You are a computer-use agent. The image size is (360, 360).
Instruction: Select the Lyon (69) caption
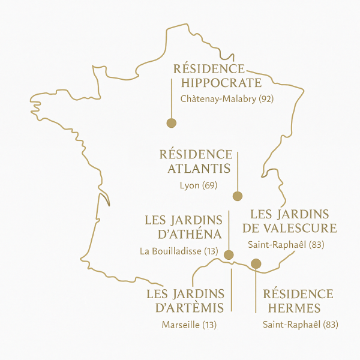(198, 185)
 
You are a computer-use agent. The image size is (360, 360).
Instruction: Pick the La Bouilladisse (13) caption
(178, 251)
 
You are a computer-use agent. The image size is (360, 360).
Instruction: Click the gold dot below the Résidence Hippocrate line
(171, 123)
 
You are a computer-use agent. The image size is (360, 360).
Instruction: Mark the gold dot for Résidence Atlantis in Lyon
(237, 196)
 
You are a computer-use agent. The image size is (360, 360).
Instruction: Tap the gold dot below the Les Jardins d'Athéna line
(229, 255)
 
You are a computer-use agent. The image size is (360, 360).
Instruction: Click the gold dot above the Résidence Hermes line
(256, 263)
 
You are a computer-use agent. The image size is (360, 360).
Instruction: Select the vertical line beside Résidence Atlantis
(238, 171)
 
